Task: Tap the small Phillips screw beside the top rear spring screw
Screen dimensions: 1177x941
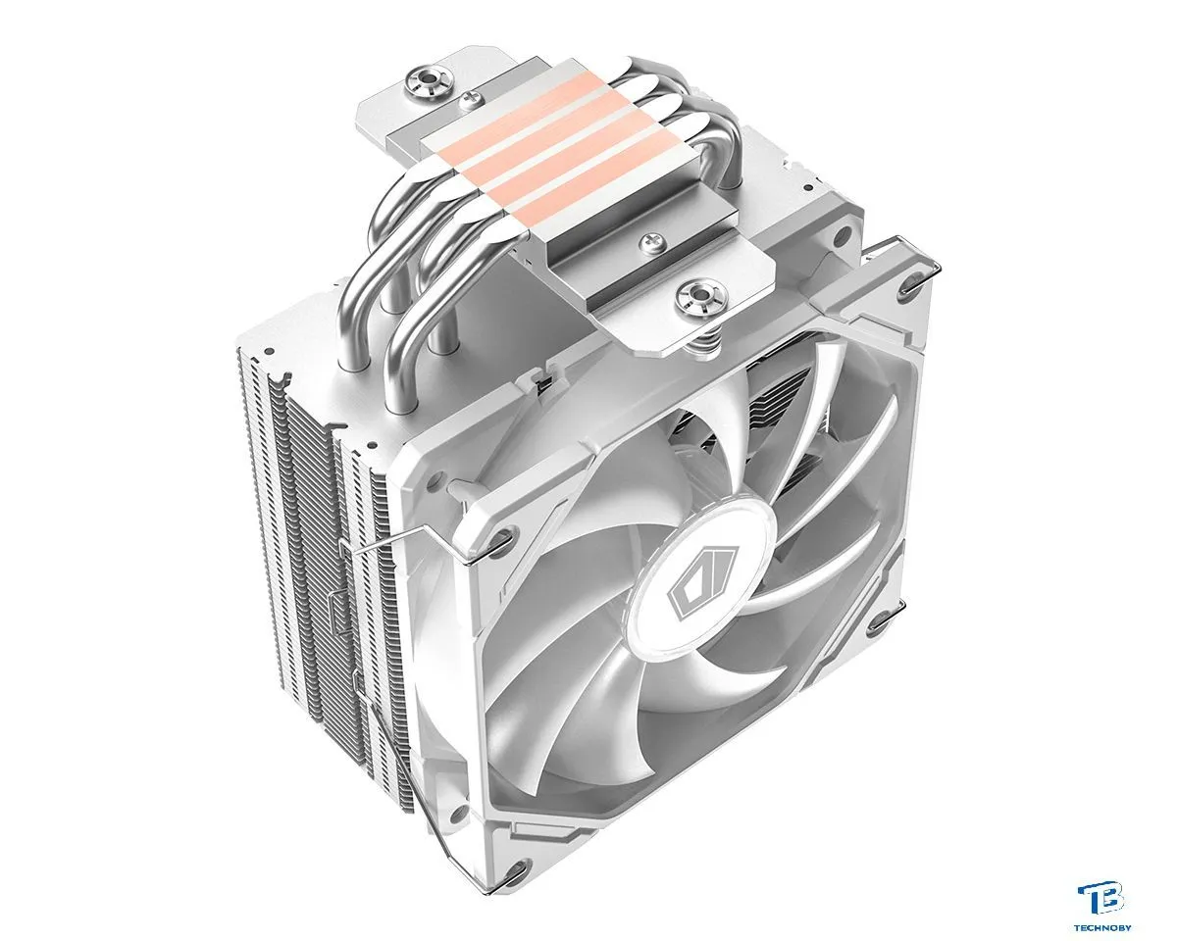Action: [470, 100]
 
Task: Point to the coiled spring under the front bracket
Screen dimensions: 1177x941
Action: [708, 343]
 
